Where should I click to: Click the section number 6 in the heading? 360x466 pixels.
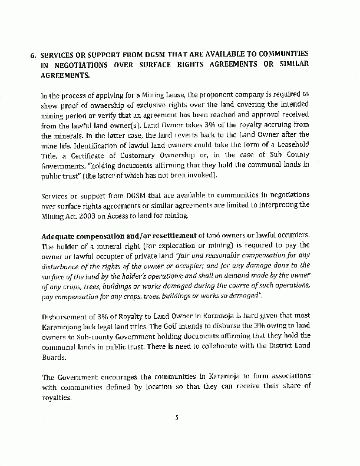tap(33, 54)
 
